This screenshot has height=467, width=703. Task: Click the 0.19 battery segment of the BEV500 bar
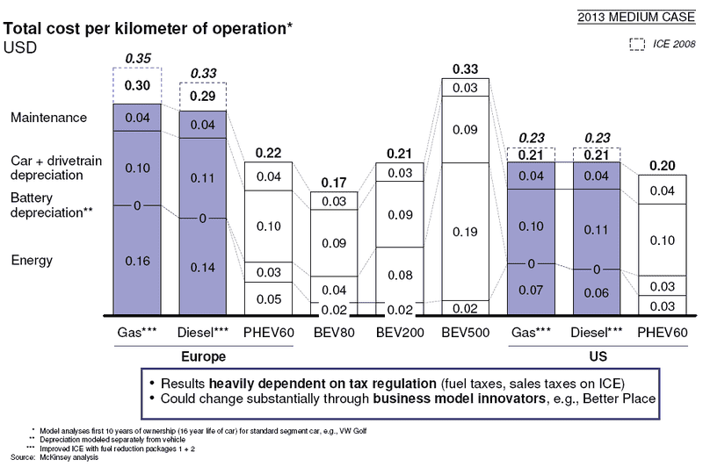click(467, 232)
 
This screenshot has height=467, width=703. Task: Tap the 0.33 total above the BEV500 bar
click(467, 68)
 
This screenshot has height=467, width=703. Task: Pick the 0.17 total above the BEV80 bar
click(335, 184)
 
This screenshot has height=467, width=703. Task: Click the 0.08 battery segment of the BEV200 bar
click(401, 275)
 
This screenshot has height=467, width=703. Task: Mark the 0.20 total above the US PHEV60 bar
click(663, 166)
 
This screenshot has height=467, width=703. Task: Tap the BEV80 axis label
click(335, 334)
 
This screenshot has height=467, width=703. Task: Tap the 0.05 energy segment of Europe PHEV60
click(268, 299)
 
